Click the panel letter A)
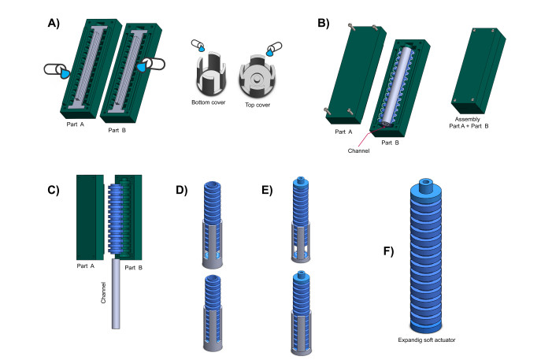pyautogui.click(x=54, y=23)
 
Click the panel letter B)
pyautogui.click(x=324, y=23)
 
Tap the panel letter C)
pyautogui.click(x=54, y=190)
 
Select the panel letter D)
pyautogui.click(x=181, y=190)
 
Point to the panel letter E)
pyautogui.click(x=267, y=190)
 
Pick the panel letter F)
pyautogui.click(x=388, y=251)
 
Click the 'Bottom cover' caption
pyautogui.click(x=209, y=102)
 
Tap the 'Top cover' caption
pyautogui.click(x=258, y=105)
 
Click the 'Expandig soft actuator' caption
pyautogui.click(x=427, y=340)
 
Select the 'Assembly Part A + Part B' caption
pyautogui.click(x=469, y=123)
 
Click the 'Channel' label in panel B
pyautogui.click(x=358, y=150)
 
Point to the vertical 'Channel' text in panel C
pyautogui.click(x=103, y=293)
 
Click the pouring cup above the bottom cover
pyautogui.click(x=198, y=45)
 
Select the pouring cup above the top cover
pyautogui.click(x=274, y=49)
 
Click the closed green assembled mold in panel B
pyautogui.click(x=479, y=71)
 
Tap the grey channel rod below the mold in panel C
pyautogui.click(x=116, y=294)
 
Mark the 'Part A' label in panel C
pyautogui.click(x=85, y=265)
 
